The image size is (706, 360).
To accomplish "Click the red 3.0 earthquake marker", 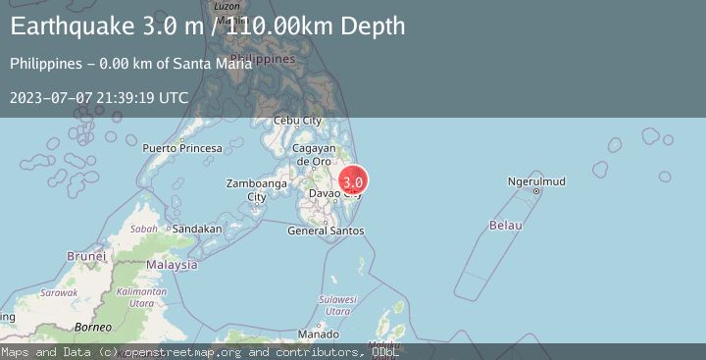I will pos(353,181).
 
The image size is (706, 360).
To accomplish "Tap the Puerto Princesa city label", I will pos(181,148).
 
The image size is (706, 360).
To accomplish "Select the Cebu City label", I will pos(297,121).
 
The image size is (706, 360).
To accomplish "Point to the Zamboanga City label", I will pos(256,190).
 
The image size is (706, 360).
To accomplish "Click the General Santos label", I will pos(326,231).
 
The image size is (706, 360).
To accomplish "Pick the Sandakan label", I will pos(196,229).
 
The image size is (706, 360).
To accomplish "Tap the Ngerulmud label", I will pos(537,181).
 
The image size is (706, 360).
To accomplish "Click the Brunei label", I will pos(86,256).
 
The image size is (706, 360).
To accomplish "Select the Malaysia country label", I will pos(173,265).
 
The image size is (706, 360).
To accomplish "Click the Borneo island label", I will pos(94,326).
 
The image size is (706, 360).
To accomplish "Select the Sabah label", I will pos(144,229).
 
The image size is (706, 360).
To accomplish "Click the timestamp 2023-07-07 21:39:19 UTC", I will pos(99,98).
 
